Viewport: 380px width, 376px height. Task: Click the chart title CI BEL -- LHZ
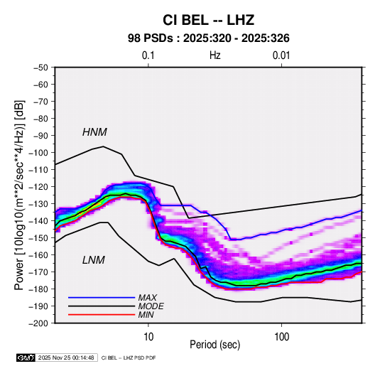[208, 20]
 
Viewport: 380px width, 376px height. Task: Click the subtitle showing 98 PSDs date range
[208, 38]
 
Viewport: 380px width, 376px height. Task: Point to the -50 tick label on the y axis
[40, 68]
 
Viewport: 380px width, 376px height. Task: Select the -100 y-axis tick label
[38, 153]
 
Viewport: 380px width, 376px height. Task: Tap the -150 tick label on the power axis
[38, 238]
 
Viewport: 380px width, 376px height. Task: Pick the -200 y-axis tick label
[38, 323]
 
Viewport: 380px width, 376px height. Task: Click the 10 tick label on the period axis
[148, 336]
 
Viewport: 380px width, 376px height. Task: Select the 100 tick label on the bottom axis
[281, 336]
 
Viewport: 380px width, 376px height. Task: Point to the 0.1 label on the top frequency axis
[148, 55]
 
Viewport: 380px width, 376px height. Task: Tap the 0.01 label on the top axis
[281, 55]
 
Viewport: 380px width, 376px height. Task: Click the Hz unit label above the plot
[215, 55]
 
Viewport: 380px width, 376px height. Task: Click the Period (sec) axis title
[215, 345]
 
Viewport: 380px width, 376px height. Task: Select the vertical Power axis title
[19, 195]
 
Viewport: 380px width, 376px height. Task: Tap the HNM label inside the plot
[94, 132]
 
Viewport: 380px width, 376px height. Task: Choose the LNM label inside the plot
[94, 260]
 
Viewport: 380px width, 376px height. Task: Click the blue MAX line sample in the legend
[102, 297]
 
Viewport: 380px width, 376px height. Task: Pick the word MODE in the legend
[151, 306]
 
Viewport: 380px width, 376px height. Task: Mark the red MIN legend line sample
[102, 315]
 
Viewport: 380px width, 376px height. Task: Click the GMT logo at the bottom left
[26, 358]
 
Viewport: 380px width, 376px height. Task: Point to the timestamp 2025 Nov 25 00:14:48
[66, 358]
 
